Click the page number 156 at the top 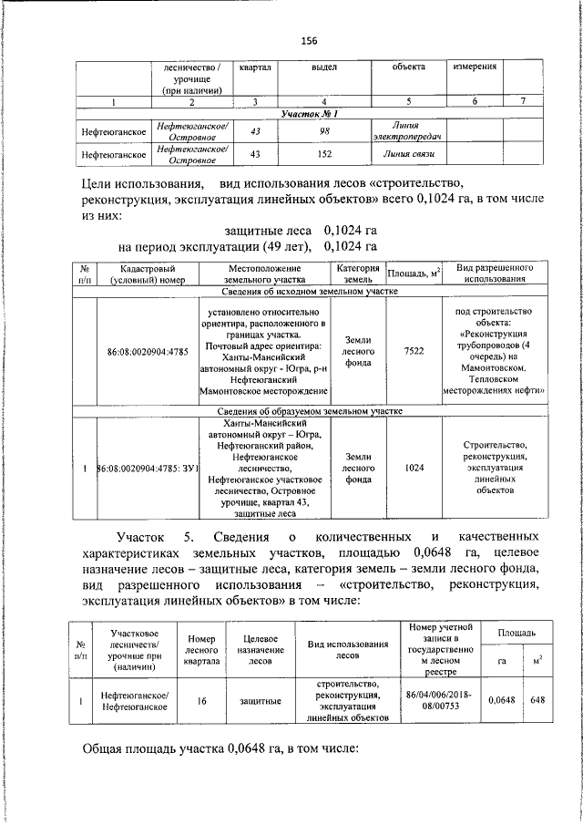pos(309,40)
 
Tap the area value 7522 pos(414,350)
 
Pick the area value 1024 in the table pos(414,468)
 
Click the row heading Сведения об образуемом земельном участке pos(311,410)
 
